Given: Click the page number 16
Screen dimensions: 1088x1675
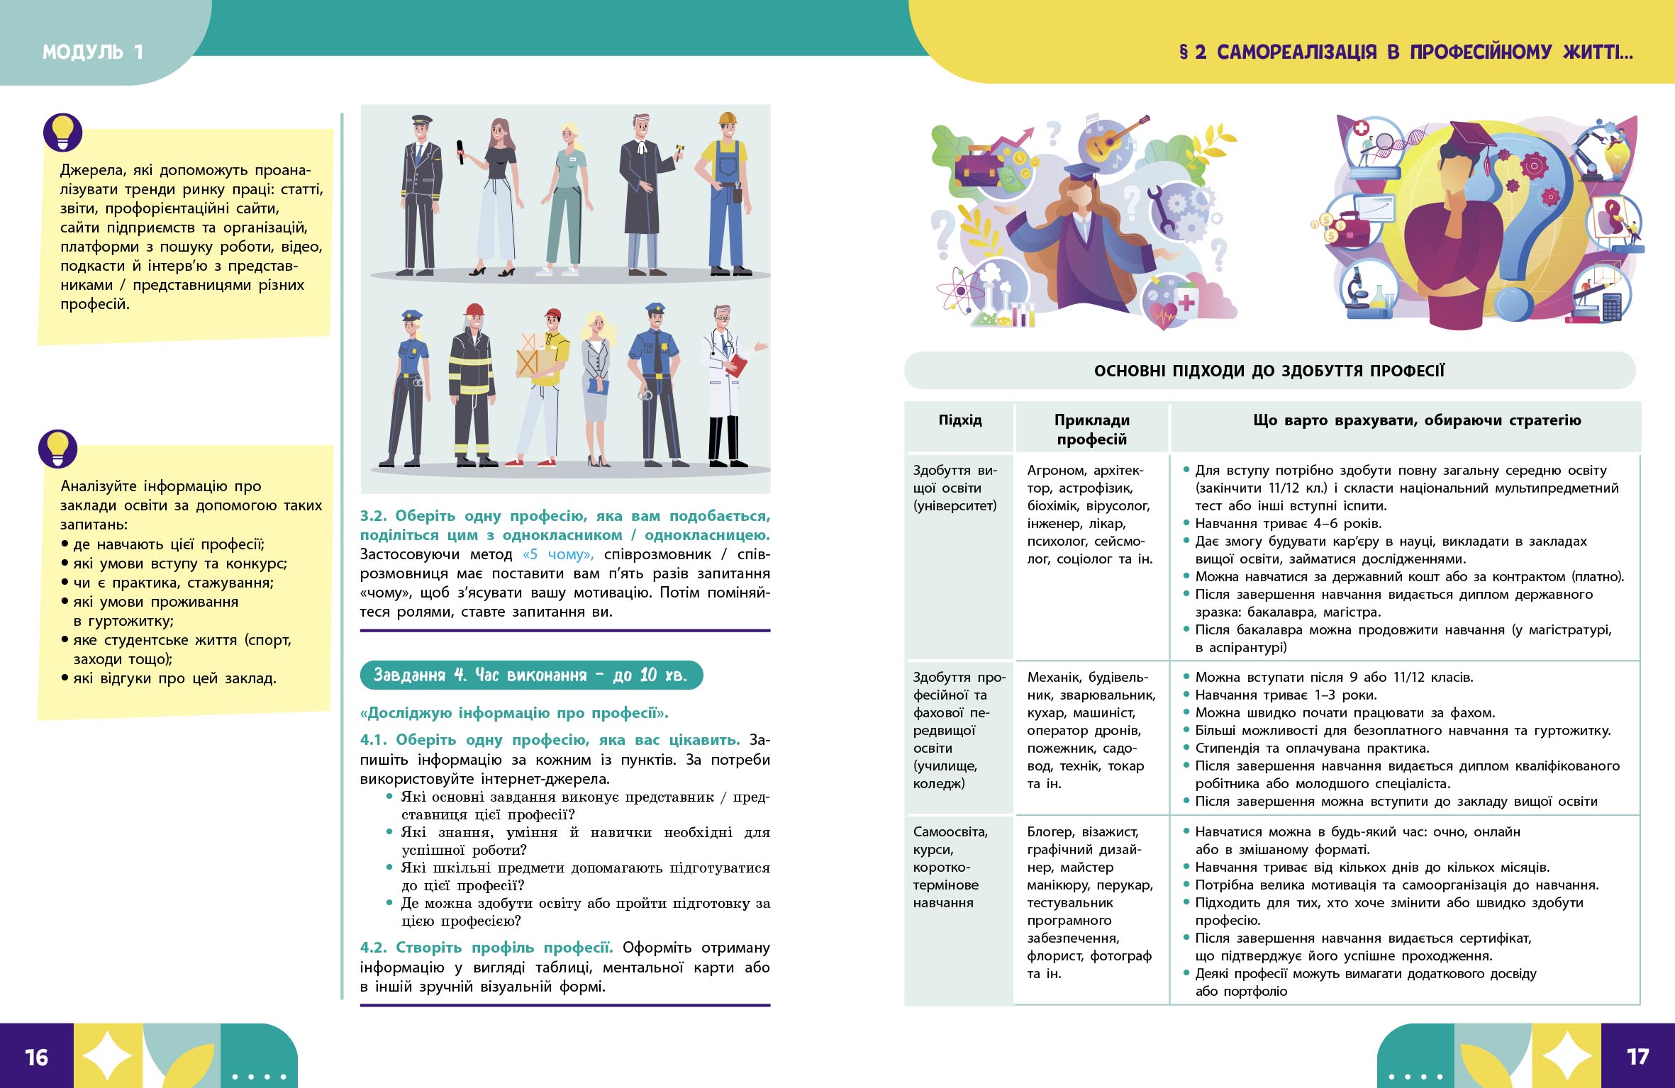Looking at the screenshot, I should [36, 1058].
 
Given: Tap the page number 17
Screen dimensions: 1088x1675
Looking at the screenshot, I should [1637, 1057].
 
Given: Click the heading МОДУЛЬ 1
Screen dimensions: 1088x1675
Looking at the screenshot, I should [93, 52].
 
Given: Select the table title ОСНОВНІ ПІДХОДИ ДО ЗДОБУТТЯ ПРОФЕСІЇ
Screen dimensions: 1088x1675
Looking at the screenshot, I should [1269, 371].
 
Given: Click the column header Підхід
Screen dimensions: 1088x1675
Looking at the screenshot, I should [960, 420].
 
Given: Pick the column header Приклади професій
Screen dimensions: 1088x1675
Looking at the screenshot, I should [1091, 430].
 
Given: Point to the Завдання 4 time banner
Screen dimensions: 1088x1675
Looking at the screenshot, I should [530, 675].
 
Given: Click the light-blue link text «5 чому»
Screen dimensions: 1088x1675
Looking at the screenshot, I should [558, 554].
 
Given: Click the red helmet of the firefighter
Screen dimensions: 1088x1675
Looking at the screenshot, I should [474, 310].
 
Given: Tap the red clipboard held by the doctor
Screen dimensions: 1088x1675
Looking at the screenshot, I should [738, 366].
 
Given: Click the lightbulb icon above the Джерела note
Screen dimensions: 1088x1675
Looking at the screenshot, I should [62, 133].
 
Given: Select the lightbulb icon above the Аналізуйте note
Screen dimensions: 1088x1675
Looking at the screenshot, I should [57, 449].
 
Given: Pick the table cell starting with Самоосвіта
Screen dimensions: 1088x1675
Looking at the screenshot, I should [950, 867].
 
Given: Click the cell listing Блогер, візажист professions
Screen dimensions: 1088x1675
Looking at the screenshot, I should [1091, 902].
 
